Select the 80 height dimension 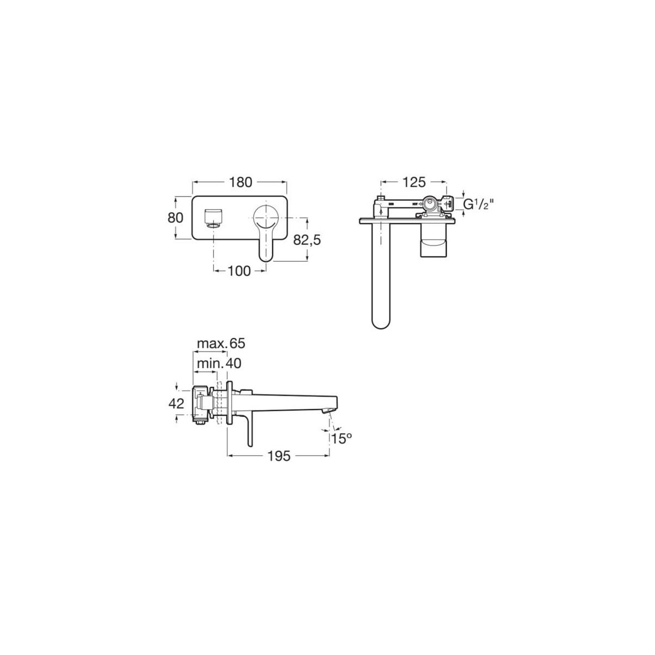pyautogui.click(x=175, y=217)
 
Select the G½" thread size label pyautogui.click(x=478, y=205)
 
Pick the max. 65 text pyautogui.click(x=221, y=343)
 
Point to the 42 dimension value pyautogui.click(x=176, y=404)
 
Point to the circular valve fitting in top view pyautogui.click(x=431, y=205)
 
